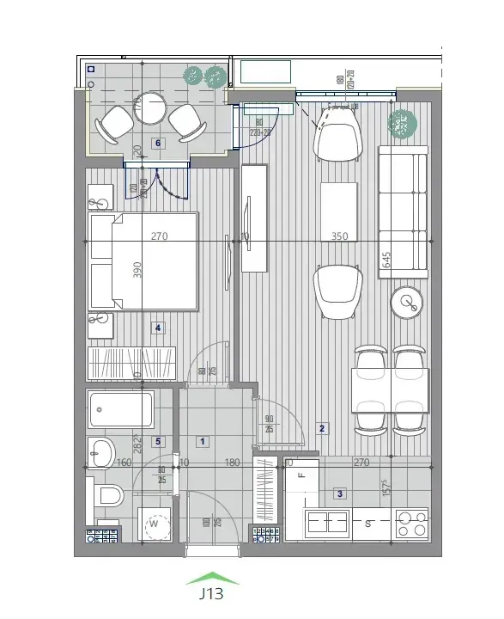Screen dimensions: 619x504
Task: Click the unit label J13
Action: click(211, 593)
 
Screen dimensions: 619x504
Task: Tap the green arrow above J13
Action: click(211, 579)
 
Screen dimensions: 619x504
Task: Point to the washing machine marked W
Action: click(155, 523)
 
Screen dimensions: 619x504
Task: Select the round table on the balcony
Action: click(152, 108)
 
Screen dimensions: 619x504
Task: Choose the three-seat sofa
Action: click(404, 210)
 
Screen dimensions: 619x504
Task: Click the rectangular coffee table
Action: click(338, 211)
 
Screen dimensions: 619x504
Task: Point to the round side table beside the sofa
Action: click(406, 301)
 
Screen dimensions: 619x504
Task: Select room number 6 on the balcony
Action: click(156, 144)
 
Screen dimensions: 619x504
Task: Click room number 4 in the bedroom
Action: click(156, 327)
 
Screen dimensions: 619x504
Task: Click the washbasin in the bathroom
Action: click(101, 451)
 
